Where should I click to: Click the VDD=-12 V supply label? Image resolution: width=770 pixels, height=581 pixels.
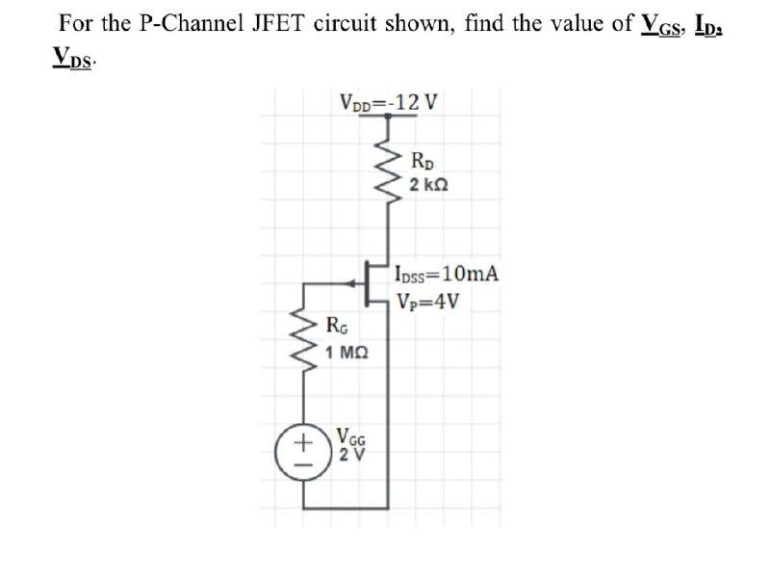coord(389,100)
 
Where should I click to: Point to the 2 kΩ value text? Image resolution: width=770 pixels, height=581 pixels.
coord(426,183)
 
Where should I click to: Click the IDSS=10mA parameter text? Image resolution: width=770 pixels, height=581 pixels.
coord(447,273)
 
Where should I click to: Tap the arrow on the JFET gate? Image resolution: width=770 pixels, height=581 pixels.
coord(348,283)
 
